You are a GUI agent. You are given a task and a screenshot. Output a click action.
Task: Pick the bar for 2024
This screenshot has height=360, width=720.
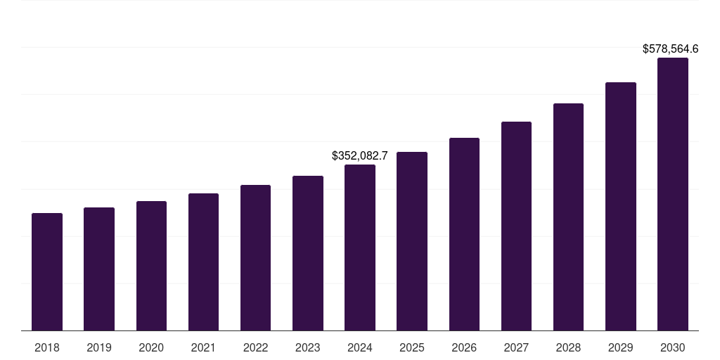pyautogui.click(x=360, y=247)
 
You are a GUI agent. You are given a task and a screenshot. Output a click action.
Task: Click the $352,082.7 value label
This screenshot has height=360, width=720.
pyautogui.click(x=360, y=155)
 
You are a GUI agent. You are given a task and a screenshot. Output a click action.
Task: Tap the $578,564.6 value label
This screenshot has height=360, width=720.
pyautogui.click(x=670, y=49)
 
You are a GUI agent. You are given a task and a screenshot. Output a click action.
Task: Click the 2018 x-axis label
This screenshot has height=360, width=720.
pyautogui.click(x=47, y=347)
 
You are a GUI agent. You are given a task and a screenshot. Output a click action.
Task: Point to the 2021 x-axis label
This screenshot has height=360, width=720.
pyautogui.click(x=203, y=347)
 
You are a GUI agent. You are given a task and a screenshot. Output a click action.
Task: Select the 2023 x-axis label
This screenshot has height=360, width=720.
pyautogui.click(x=308, y=347)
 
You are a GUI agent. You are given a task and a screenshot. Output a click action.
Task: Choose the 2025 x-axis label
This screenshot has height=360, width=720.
pyautogui.click(x=412, y=347)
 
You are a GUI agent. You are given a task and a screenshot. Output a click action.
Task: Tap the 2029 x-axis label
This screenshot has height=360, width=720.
pyautogui.click(x=620, y=347)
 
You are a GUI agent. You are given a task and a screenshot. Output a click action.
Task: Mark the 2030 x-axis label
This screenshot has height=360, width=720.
pyautogui.click(x=673, y=347)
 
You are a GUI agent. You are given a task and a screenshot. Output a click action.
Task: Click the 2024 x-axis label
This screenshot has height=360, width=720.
pyautogui.click(x=360, y=347)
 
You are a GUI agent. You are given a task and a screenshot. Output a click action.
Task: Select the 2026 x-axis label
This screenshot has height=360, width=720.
pyautogui.click(x=464, y=347)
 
